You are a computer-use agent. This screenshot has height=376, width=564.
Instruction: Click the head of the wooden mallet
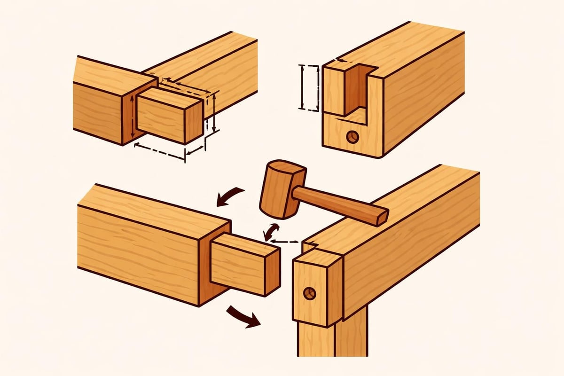coord(280,188)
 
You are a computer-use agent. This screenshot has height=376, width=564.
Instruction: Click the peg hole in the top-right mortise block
coord(352,137)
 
